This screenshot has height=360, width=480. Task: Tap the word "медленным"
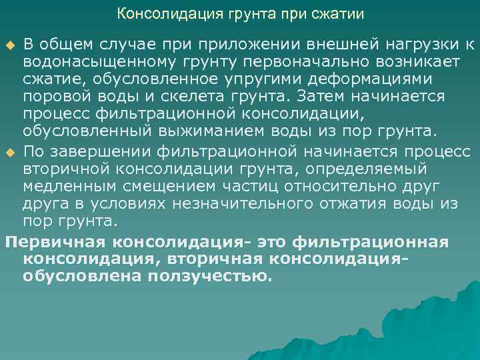[x=71, y=188]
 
